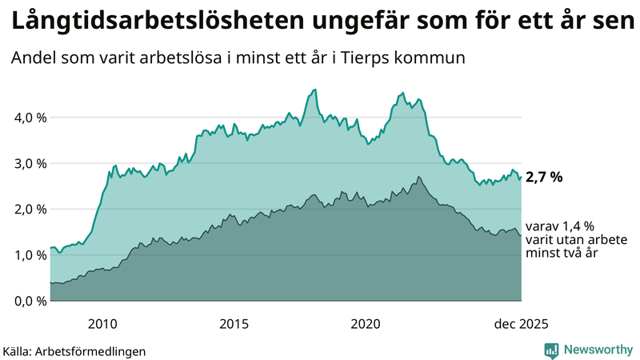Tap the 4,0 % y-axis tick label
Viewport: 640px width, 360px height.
31,118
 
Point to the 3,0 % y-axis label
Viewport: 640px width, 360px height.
31,164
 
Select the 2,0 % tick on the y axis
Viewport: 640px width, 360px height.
31,210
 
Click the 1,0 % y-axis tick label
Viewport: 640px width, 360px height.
31,255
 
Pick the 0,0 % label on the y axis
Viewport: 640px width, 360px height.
31,301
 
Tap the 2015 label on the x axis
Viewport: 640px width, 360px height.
234,323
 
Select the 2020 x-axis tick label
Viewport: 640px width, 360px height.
366,323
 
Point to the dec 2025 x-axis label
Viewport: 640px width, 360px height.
521,323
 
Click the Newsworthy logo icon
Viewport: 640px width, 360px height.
551,350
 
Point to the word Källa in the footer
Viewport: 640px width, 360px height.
18,350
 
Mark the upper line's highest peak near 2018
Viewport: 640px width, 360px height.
315,90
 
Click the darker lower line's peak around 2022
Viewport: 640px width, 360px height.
418,177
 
